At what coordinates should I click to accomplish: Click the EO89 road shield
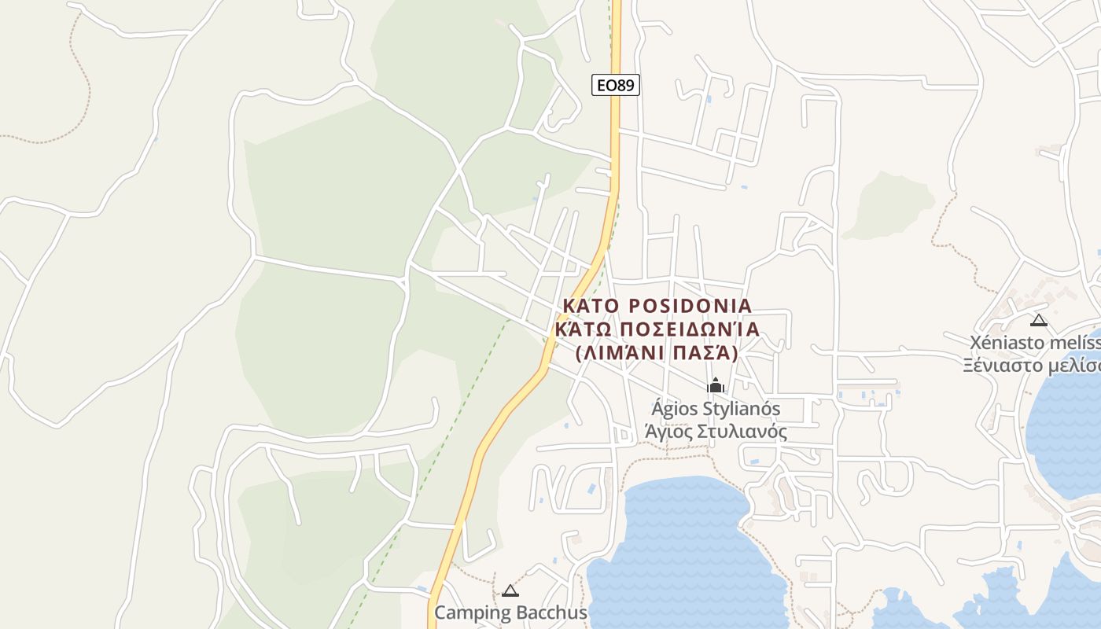coord(615,85)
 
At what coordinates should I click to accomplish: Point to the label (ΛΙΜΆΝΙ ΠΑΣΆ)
coord(657,353)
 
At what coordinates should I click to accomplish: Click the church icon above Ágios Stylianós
coord(716,385)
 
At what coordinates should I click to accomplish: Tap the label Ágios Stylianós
coord(716,409)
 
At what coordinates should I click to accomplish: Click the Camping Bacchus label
coord(510,612)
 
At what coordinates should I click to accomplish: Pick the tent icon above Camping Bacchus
coord(510,590)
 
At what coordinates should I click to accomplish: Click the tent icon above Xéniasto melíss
coord(1039,320)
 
